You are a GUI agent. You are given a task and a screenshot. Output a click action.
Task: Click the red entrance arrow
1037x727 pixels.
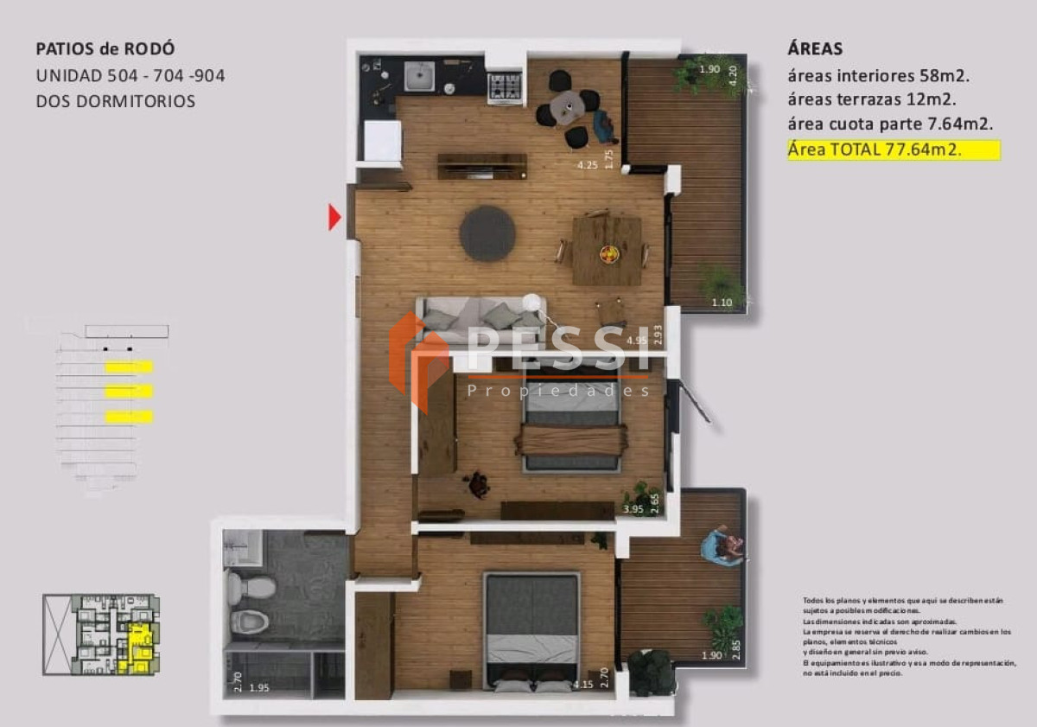(334, 217)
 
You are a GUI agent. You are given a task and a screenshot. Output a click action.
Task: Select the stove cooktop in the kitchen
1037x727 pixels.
(505, 87)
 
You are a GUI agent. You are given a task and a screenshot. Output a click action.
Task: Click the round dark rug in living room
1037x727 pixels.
(487, 233)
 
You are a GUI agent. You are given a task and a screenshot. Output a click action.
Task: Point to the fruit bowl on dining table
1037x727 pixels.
(609, 253)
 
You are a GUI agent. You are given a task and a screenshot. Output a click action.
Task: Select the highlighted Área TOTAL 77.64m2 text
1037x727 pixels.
(893, 150)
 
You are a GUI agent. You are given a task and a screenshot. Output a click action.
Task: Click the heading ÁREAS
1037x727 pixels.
(815, 48)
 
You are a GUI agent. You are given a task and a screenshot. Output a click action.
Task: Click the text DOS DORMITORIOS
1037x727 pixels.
(115, 101)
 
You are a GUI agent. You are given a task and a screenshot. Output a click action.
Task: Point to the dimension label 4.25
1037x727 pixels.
(588, 163)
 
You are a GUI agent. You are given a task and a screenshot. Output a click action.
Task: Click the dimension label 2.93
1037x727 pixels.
(658, 335)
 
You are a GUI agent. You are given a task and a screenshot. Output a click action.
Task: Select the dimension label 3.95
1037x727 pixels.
(633, 509)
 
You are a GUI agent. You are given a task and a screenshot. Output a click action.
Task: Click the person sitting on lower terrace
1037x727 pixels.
(722, 547)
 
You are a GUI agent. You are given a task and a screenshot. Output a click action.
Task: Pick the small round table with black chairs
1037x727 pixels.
(567, 107)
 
